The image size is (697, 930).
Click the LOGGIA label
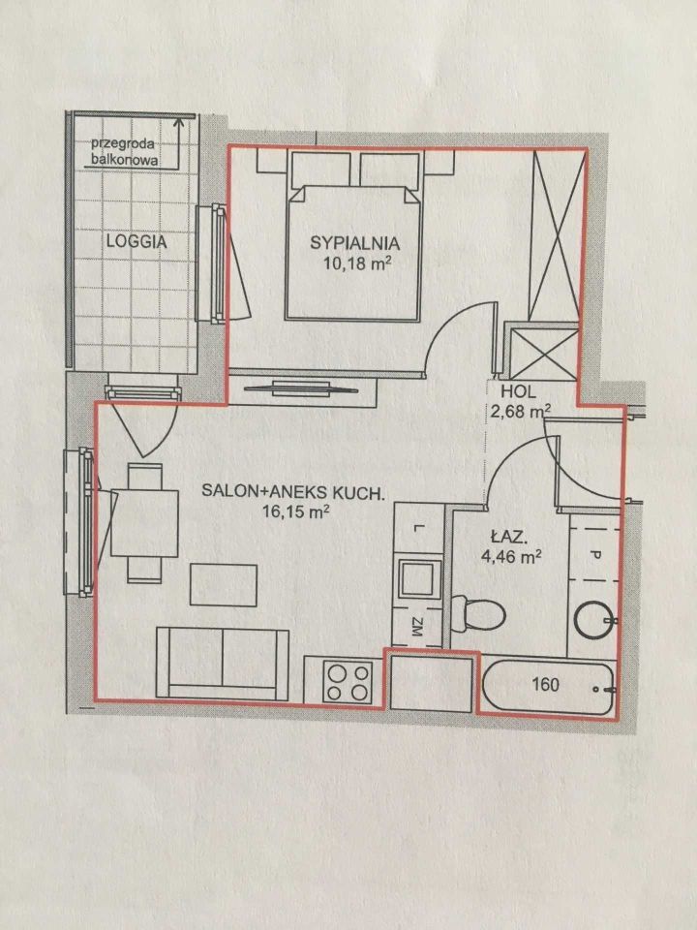coord(136,241)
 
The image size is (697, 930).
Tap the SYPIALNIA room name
coord(355,242)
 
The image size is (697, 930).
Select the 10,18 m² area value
coord(357,263)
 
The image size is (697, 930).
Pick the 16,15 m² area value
coord(296,511)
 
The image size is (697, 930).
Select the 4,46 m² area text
coord(511,556)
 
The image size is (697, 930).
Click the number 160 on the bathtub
coord(545,685)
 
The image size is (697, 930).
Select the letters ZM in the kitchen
coord(417,627)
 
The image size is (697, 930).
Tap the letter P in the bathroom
coord(595,556)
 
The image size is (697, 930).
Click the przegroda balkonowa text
coord(123,152)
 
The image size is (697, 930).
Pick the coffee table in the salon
coord(224,585)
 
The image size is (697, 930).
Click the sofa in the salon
coord(223,664)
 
